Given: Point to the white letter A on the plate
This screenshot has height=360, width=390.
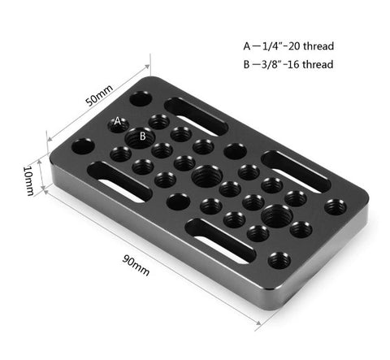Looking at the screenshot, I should pyautogui.click(x=118, y=120).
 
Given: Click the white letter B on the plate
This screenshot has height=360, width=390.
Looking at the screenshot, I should pyautogui.click(x=143, y=136).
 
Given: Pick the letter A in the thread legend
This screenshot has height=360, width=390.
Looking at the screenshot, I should pyautogui.click(x=247, y=46).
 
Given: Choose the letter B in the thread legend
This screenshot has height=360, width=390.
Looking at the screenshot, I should pyautogui.click(x=247, y=65).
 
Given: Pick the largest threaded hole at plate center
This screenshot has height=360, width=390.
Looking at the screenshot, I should pyautogui.click(x=203, y=173).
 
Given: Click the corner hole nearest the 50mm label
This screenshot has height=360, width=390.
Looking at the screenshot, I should pyautogui.click(x=139, y=98).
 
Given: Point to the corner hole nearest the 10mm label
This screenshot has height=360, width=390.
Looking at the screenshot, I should pyautogui.click(x=81, y=148).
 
